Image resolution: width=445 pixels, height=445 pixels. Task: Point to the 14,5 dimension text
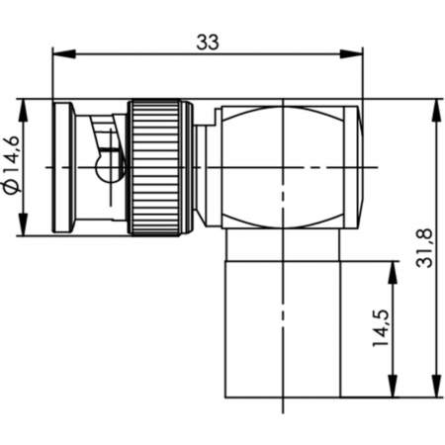[x=380, y=327]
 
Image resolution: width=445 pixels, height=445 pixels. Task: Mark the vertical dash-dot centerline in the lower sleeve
[x=284, y=336]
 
